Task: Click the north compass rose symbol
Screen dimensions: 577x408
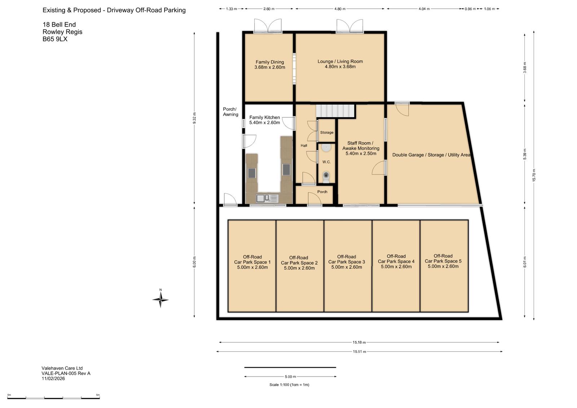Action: coord(160,299)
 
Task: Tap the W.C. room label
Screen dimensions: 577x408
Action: coord(326,162)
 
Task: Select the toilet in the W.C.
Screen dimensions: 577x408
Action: coord(326,177)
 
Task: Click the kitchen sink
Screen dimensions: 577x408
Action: coord(267,198)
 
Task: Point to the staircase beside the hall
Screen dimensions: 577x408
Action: coord(335,111)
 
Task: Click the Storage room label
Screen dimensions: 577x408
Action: coord(327,132)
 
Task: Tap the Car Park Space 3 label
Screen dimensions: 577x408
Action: coord(347,262)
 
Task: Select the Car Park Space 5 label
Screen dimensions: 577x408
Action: coord(443,261)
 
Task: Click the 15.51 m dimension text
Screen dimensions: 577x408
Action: coord(359,352)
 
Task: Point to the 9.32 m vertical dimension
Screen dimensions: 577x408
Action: coord(194,118)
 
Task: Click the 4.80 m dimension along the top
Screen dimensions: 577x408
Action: coord(340,9)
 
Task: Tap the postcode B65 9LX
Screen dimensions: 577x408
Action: coord(55,39)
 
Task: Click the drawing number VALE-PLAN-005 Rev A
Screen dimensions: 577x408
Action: coord(66,373)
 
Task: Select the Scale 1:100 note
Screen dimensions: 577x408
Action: coord(289,385)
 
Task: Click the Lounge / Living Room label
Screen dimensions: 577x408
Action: coord(340,64)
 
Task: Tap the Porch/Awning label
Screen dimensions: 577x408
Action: coord(230,112)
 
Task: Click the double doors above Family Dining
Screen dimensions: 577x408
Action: coord(268,26)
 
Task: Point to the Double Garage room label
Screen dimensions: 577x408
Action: coord(431,155)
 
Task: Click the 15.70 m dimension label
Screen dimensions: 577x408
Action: coord(534,175)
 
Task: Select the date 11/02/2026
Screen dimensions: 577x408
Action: coord(53,379)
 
